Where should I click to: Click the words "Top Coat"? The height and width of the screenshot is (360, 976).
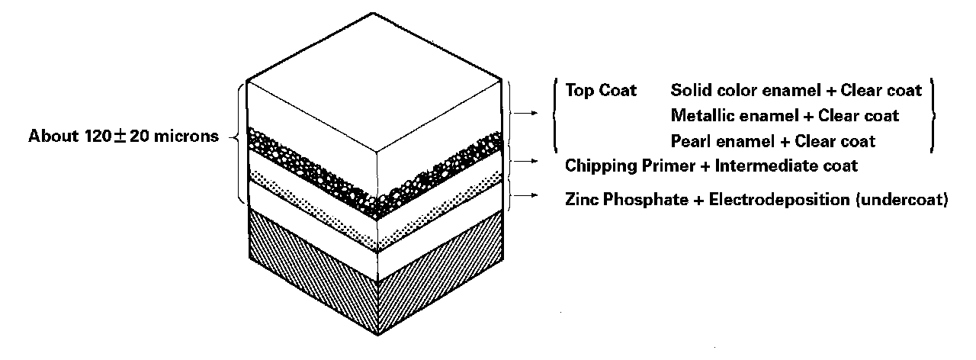tap(602, 90)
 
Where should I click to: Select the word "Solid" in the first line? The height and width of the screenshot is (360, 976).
tap(689, 90)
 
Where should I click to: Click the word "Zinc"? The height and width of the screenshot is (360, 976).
tap(581, 200)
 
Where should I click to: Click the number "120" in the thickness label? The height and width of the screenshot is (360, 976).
tap(98, 137)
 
